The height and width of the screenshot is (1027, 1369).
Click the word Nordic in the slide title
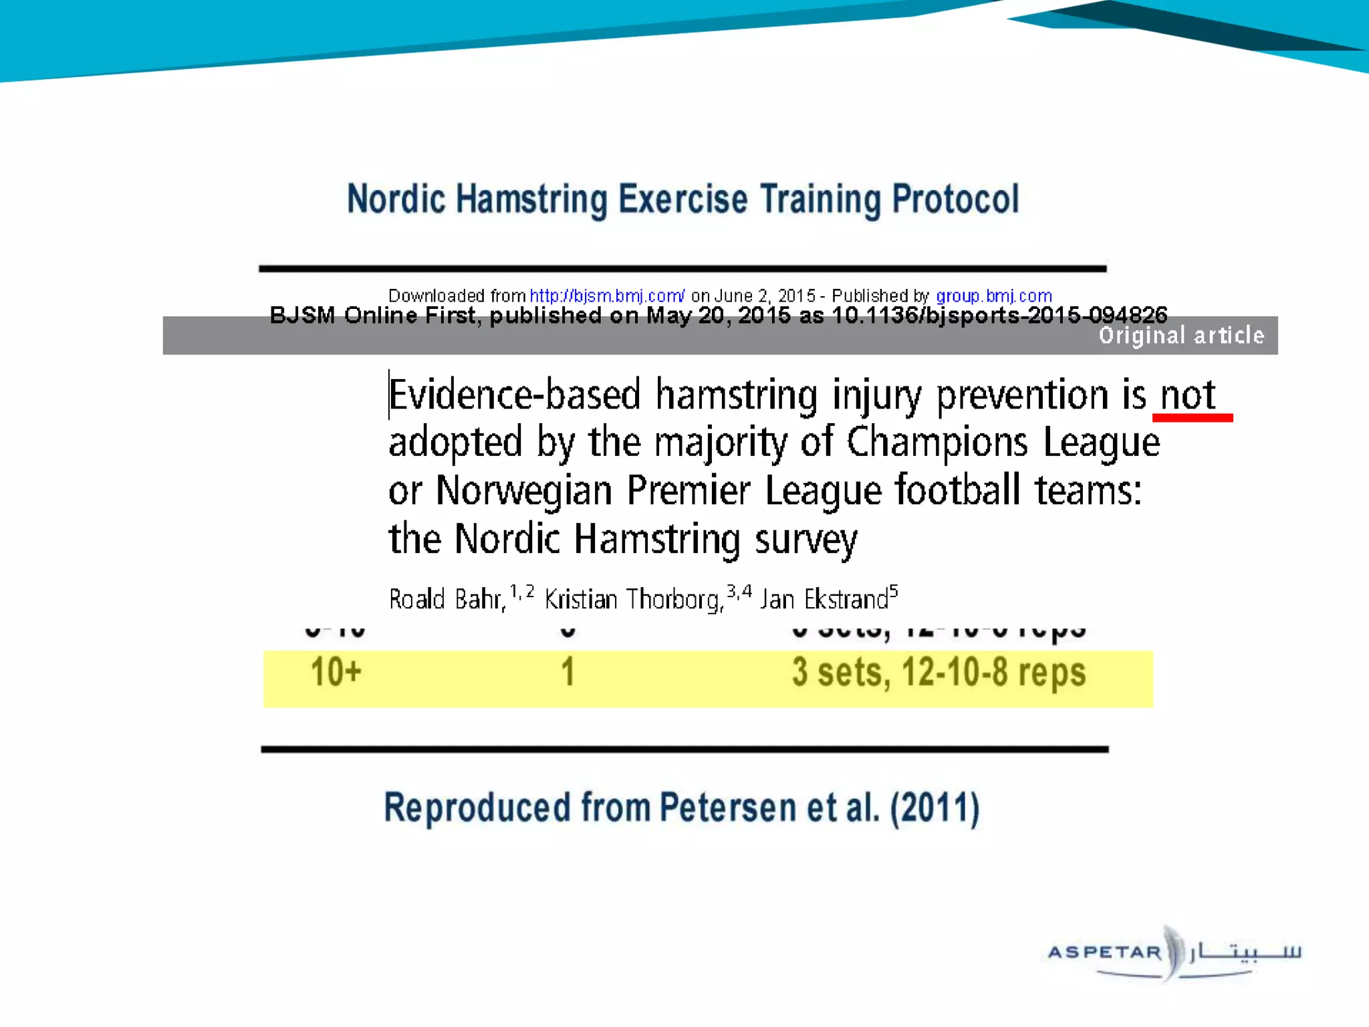pos(396,199)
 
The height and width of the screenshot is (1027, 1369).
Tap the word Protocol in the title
pos(956,199)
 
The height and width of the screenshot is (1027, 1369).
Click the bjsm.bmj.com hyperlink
pos(607,296)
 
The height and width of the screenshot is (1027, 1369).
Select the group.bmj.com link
pos(993,296)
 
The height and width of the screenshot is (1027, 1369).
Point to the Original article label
pos(1181,335)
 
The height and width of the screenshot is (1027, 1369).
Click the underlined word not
pos(1188,394)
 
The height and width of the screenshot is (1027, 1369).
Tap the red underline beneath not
pos(1192,418)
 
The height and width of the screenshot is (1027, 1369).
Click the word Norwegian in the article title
pos(524,491)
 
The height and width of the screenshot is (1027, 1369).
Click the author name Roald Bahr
pos(447,599)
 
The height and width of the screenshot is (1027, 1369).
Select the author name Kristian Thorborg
pos(634,599)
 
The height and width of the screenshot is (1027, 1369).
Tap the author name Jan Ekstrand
pos(824,599)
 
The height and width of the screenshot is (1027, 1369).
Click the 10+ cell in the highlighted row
pos(336,672)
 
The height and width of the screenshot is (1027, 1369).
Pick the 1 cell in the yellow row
pos(568,672)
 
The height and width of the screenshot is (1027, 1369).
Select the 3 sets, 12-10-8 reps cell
pos(939,672)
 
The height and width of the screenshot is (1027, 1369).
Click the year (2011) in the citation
pos(935,808)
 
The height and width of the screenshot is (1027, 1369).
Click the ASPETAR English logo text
pos(1104,952)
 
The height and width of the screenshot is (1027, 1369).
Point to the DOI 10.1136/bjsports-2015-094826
pos(999,315)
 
